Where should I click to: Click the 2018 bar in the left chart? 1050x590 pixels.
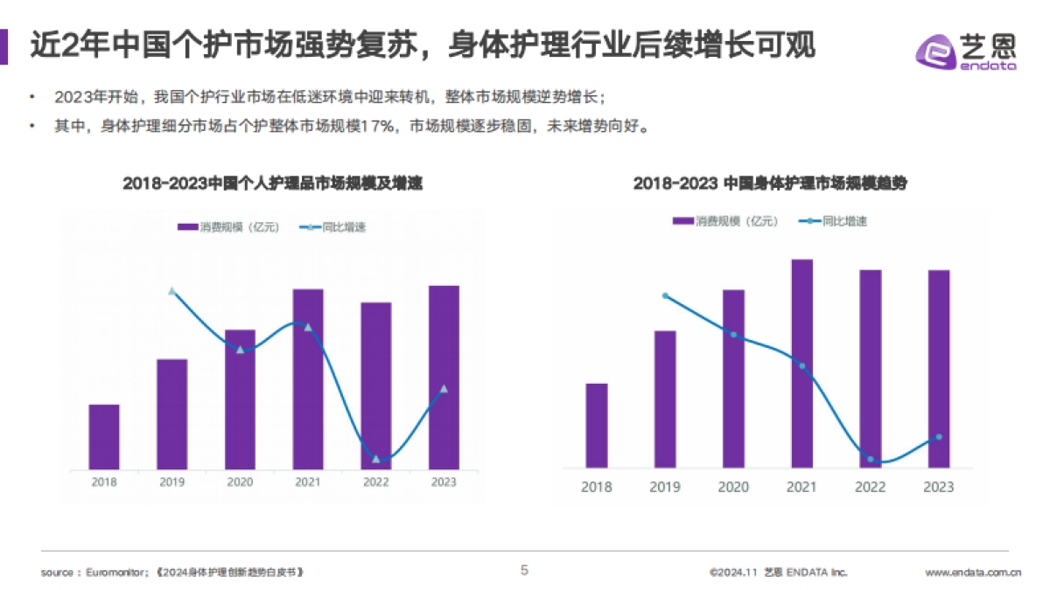pyautogui.click(x=104, y=436)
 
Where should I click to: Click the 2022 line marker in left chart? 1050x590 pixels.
pyautogui.click(x=376, y=459)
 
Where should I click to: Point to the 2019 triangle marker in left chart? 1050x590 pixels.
pyautogui.click(x=171, y=291)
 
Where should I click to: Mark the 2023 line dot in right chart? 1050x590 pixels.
pyautogui.click(x=939, y=437)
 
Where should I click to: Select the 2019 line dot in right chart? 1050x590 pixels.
pyautogui.click(x=665, y=295)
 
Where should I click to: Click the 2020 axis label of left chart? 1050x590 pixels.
pyautogui.click(x=240, y=482)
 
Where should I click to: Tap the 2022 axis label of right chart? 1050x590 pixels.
pyautogui.click(x=870, y=487)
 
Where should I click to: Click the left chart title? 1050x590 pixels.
pyautogui.click(x=272, y=184)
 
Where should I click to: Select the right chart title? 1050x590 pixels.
pyautogui.click(x=771, y=184)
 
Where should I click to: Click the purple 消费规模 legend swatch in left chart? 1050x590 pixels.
pyautogui.click(x=187, y=227)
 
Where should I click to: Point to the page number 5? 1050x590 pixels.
pyautogui.click(x=525, y=571)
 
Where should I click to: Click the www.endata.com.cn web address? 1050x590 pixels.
pyautogui.click(x=973, y=573)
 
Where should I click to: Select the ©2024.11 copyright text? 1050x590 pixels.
pyautogui.click(x=732, y=573)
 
